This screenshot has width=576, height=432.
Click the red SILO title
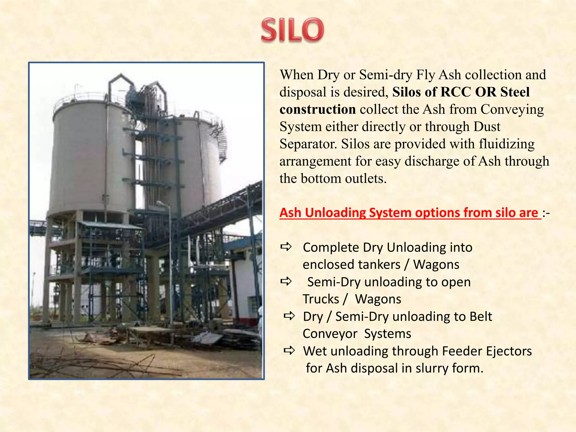pos(292,30)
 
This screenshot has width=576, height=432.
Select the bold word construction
pos(318,109)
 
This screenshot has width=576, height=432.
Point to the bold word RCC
pos(456,92)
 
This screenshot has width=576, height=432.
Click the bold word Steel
pos(515,92)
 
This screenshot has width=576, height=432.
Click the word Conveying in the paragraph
pos(512,109)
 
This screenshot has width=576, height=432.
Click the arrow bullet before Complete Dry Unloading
pos(286,247)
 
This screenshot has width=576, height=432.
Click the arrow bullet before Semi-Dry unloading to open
pos(286,281)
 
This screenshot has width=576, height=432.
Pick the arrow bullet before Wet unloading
pos(289,350)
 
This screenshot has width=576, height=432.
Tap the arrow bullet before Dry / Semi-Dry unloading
pos(289,316)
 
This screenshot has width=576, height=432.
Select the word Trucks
pos(321,299)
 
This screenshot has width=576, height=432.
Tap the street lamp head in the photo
pos(161,203)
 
